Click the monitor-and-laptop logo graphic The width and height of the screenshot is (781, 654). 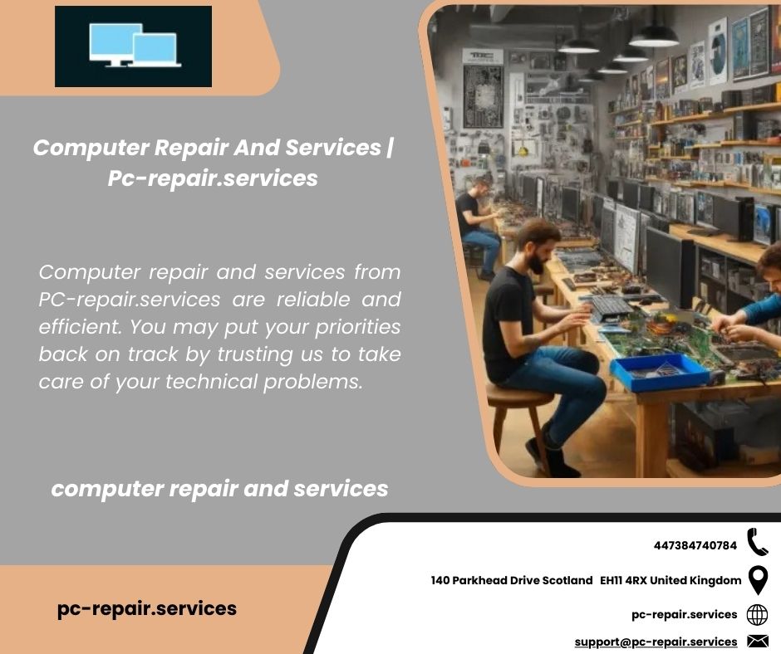pos(133,46)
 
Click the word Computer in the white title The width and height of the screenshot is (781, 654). pos(91,148)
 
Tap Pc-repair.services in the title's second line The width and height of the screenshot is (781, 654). pos(213,178)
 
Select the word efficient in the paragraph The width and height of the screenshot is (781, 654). pos(81,327)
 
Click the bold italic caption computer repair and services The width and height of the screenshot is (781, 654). pos(219,489)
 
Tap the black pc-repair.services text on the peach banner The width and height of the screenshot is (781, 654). pos(147,608)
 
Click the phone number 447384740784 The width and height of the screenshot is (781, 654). pos(695,545)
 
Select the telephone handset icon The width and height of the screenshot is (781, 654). pos(757,542)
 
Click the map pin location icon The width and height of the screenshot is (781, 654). pos(758,580)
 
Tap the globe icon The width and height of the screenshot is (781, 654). pos(757,615)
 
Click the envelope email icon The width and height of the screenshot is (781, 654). pos(758,642)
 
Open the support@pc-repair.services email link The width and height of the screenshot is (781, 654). pos(656,642)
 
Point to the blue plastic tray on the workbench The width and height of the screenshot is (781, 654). pos(659,372)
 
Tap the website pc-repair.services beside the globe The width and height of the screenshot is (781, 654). pos(685,615)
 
